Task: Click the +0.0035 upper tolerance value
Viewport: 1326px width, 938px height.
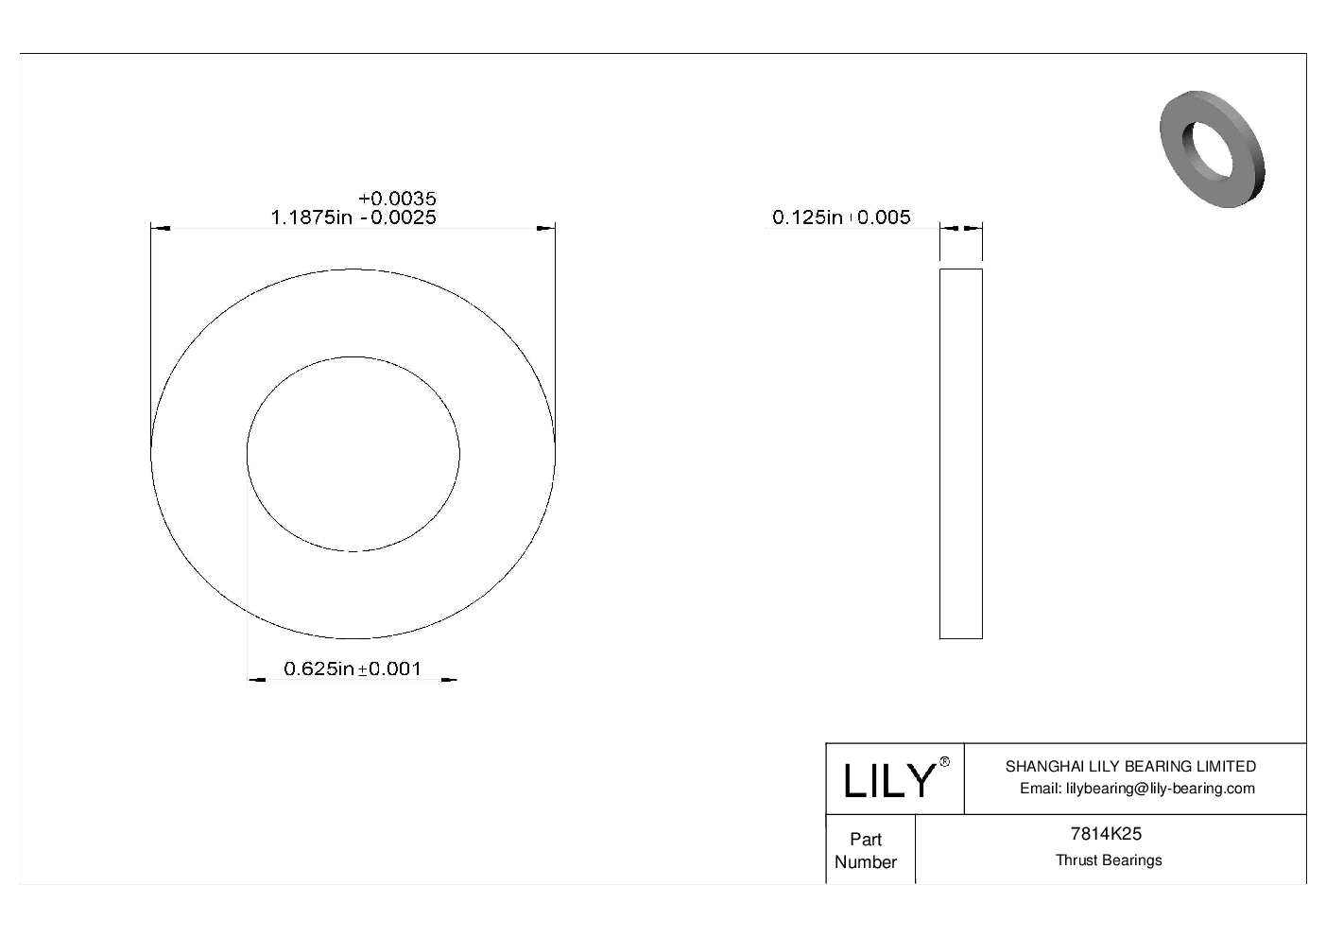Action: tap(397, 199)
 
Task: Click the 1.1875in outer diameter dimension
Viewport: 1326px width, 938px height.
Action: tap(313, 217)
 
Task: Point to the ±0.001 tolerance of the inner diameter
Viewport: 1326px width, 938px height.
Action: tap(388, 669)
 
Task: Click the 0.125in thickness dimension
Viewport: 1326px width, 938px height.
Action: tap(807, 217)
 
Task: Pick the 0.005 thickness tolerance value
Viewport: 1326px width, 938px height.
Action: tap(884, 217)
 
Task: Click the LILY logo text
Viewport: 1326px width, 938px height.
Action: tap(887, 781)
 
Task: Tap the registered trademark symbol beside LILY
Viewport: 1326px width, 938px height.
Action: tap(944, 763)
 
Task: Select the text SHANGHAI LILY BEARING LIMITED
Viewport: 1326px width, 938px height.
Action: tap(1130, 766)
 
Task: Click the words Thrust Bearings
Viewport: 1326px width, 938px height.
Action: tap(1109, 860)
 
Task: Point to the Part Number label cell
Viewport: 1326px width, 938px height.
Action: tap(866, 850)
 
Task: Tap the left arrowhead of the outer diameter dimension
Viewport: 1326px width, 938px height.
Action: tap(160, 228)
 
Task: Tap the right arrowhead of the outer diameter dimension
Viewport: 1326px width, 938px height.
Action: tap(545, 228)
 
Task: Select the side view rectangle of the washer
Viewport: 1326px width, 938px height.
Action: tap(960, 454)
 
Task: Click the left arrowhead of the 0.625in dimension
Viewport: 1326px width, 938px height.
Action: tap(256, 679)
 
